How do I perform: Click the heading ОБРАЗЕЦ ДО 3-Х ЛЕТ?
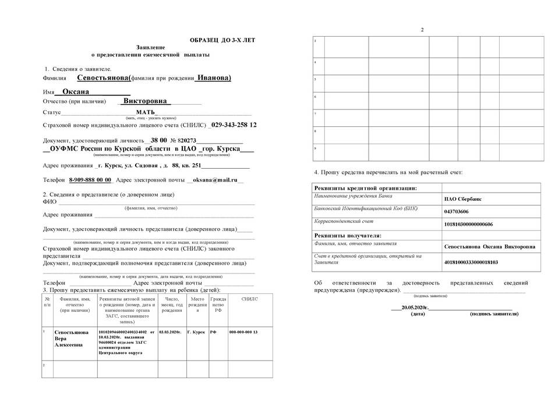click(222, 40)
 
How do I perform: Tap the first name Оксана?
click(72, 92)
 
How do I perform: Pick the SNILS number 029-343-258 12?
click(234, 125)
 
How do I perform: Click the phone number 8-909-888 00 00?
click(90, 180)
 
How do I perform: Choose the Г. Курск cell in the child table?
click(197, 332)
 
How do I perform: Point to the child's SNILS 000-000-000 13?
click(243, 332)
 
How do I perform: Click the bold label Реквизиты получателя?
click(348, 235)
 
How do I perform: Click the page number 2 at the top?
click(422, 30)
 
